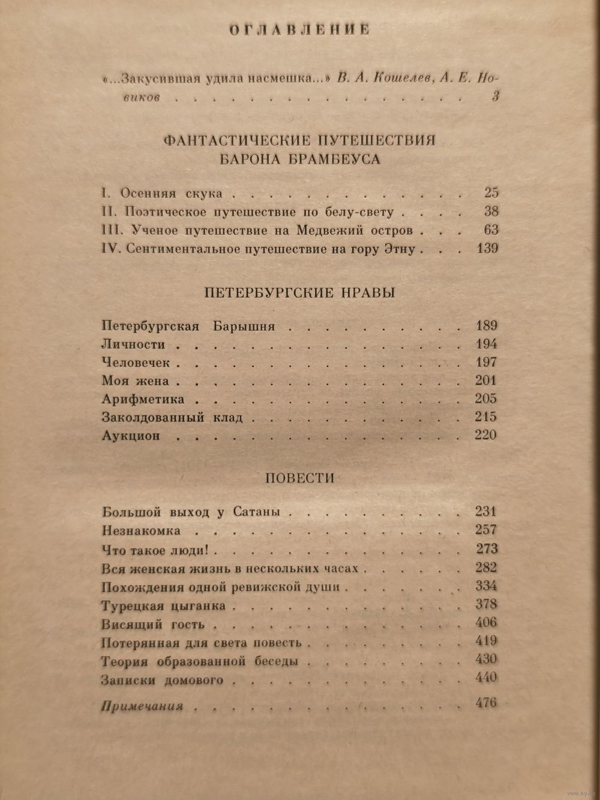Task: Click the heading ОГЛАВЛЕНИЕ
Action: pos(299,30)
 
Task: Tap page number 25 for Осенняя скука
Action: pos(491,193)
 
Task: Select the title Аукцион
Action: pos(131,436)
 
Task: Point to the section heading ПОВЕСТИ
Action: pos(299,478)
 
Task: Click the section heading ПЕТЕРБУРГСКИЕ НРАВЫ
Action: pos(299,293)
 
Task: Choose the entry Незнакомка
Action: pos(141,531)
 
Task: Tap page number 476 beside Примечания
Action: pos(486,702)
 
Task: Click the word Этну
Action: pos(398,249)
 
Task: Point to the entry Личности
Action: pos(133,345)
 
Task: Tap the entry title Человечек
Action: pos(136,363)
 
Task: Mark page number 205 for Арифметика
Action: pos(485,399)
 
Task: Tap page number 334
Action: pos(485,586)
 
